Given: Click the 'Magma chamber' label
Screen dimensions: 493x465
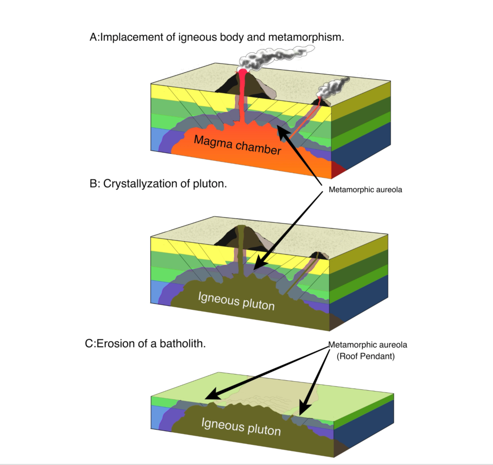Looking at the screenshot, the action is tap(237, 145).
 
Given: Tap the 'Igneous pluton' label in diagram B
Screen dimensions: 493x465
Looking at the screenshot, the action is tap(236, 301).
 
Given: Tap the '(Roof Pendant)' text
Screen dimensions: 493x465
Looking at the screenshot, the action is tap(366, 356).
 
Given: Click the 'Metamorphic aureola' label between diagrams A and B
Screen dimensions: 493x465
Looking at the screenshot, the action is tap(365, 190).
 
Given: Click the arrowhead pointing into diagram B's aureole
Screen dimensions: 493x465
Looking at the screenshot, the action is tap(259, 262).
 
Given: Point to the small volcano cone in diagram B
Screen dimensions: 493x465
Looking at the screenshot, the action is tap(319, 255).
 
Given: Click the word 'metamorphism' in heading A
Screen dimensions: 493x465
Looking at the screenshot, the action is tap(306, 37).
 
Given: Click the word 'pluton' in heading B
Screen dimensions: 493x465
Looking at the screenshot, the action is tap(210, 184).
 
